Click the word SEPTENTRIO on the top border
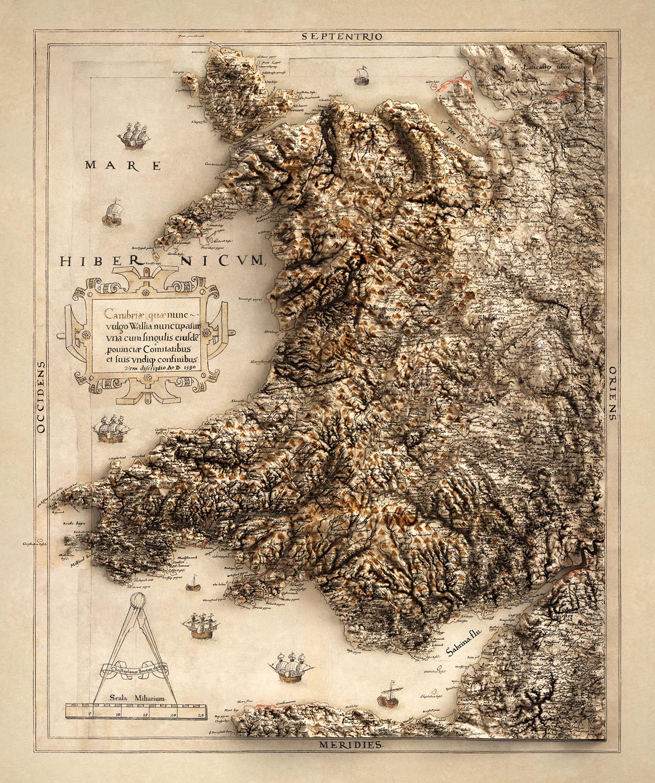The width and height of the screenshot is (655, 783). pyautogui.click(x=342, y=36)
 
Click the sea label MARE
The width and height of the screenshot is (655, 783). pyautogui.click(x=123, y=166)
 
